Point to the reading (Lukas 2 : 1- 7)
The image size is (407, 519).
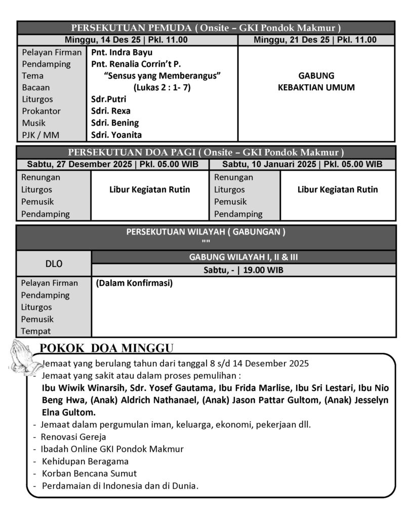(162, 88)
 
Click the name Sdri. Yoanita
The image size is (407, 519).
(116, 135)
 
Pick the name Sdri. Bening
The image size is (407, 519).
(115, 123)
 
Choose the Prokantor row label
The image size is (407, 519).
(41, 111)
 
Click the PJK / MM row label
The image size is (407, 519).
(40, 135)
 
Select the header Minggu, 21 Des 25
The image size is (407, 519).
(315, 40)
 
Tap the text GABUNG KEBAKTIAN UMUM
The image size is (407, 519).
(316, 82)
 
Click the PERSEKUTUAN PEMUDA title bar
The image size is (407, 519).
(206, 27)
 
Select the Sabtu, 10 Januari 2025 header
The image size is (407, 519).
(302, 164)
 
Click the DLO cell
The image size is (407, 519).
(54, 264)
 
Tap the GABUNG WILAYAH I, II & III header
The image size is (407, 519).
(243, 257)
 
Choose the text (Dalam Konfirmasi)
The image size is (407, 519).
(134, 283)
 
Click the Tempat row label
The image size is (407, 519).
(36, 331)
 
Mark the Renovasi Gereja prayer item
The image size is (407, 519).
(74, 436)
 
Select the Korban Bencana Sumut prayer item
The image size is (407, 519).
(89, 473)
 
